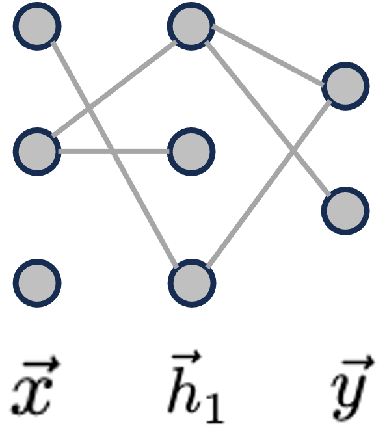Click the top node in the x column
(x=38, y=27)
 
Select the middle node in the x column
(x=38, y=152)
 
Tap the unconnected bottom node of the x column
(x=38, y=283)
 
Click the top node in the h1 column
(x=191, y=27)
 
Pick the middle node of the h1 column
(x=191, y=152)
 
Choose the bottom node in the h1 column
(x=191, y=283)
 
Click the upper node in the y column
(x=345, y=86)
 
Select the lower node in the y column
(x=345, y=211)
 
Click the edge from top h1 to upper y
(x=268, y=56)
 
